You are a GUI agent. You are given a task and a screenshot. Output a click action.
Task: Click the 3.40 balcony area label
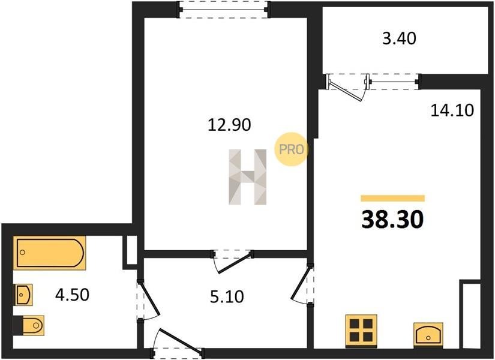(400, 38)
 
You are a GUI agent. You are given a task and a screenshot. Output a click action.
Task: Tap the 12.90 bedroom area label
(230, 124)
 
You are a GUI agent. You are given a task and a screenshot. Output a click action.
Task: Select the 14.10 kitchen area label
(452, 110)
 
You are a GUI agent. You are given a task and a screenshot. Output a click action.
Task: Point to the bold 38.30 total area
(392, 220)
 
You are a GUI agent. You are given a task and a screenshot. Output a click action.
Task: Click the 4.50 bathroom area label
(72, 295)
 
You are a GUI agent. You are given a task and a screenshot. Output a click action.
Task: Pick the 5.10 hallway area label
(227, 296)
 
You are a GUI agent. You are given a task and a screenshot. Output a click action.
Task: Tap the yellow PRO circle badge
(290, 149)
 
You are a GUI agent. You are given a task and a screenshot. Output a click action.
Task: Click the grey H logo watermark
(248, 177)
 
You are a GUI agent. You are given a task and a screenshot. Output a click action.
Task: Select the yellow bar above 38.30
(393, 199)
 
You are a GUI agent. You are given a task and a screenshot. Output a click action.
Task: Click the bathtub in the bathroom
(49, 253)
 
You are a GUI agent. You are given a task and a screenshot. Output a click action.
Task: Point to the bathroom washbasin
(24, 295)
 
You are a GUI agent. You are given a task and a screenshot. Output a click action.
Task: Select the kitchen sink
(428, 335)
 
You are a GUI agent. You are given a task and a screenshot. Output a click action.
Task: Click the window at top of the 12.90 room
(224, 10)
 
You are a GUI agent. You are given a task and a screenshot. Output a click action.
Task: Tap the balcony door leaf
(346, 91)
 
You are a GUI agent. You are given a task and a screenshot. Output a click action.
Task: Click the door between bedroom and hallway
(233, 261)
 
